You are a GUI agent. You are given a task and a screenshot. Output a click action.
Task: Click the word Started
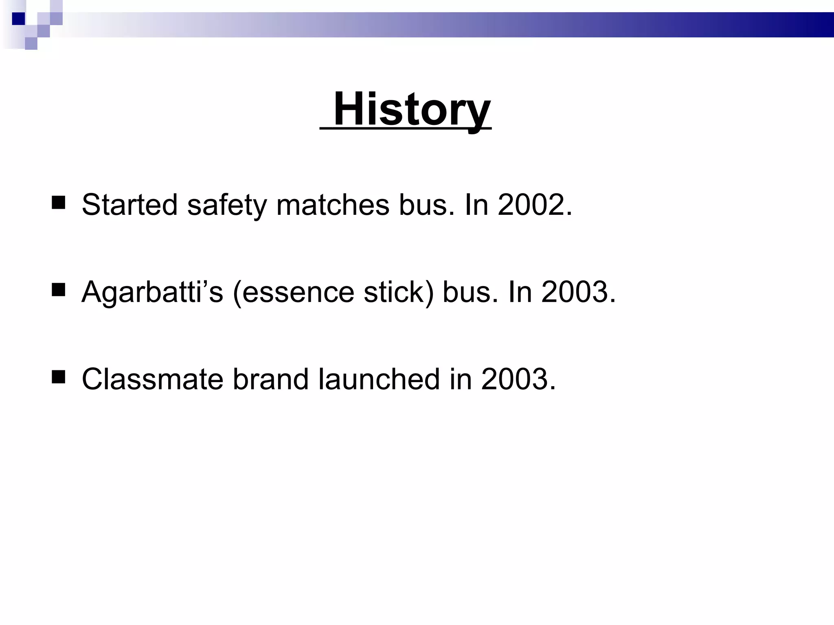point(129,205)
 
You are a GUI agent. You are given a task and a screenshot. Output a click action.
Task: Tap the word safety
point(227,205)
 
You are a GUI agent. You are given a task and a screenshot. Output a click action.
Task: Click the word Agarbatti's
point(152,292)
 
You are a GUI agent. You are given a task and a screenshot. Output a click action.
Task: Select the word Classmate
point(152,379)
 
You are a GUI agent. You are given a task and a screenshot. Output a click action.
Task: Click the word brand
point(270,379)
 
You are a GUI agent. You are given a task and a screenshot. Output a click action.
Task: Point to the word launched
point(379,379)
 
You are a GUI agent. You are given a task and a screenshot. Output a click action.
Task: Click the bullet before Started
point(59,203)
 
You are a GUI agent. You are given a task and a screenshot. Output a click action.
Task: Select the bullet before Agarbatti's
point(59,290)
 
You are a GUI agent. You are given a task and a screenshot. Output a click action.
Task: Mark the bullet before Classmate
point(59,377)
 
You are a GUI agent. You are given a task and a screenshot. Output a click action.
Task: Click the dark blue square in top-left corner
point(18,19)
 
